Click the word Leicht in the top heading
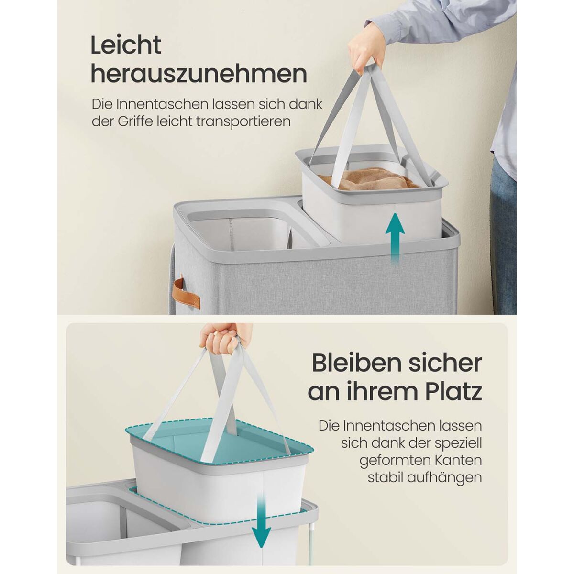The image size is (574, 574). pos(126,45)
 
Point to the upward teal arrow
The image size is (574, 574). pos(395,237)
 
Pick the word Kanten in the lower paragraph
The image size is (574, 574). pos(457,460)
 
